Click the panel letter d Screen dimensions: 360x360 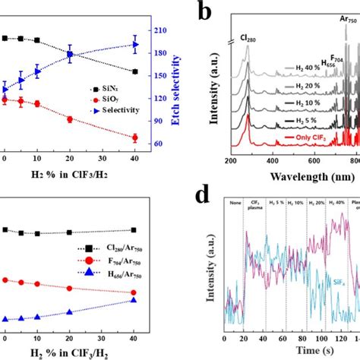pyautogui.click(x=204, y=199)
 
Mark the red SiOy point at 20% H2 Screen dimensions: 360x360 pyautogui.click(x=70, y=119)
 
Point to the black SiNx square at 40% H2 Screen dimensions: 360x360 pyautogui.click(x=135, y=72)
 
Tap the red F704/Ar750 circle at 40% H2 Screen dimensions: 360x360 pyautogui.click(x=135, y=292)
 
